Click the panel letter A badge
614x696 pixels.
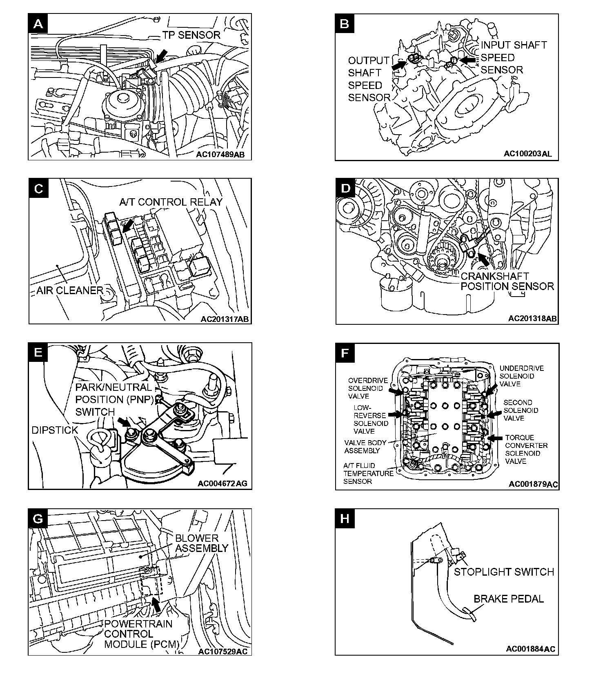click(38, 24)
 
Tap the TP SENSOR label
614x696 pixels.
click(191, 35)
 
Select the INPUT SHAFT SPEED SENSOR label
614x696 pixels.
click(513, 57)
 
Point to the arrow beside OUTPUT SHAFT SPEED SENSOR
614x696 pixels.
click(399, 64)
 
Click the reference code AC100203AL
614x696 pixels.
click(527, 153)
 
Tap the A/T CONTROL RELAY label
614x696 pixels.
click(171, 202)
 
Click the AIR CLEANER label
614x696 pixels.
click(70, 290)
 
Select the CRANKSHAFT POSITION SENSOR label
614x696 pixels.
click(507, 282)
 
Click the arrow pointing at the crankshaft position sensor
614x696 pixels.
click(483, 259)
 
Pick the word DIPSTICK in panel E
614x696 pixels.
click(55, 430)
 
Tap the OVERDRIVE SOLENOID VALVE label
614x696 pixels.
click(368, 388)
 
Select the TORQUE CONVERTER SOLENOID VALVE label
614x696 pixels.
click(526, 449)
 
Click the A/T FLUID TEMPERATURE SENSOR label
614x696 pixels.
click(368, 473)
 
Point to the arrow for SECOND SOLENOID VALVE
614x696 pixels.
click(495, 414)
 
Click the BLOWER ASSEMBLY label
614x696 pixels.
click(202, 543)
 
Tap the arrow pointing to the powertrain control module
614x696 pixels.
click(156, 603)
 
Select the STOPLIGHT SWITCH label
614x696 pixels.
click(504, 572)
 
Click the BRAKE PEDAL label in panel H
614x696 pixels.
click(508, 599)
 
